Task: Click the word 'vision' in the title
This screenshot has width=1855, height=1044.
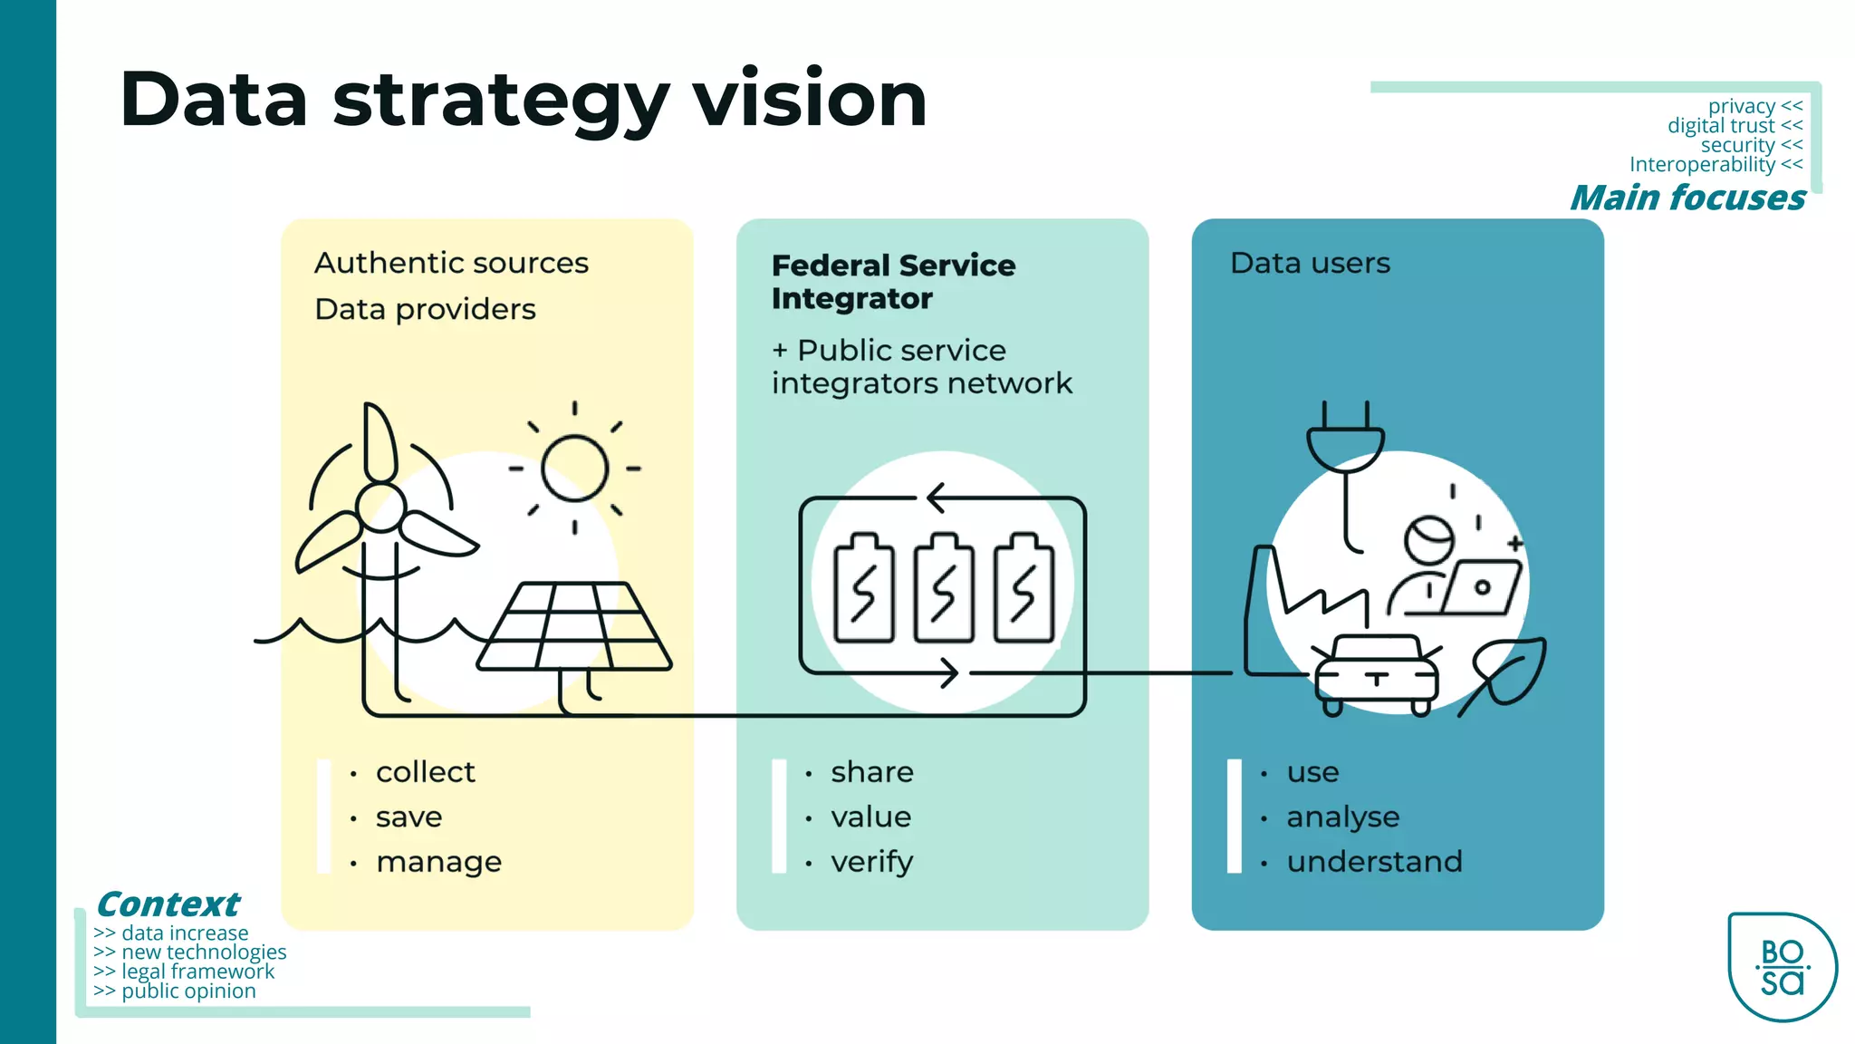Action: tap(810, 100)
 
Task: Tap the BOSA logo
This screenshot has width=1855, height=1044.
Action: tap(1782, 967)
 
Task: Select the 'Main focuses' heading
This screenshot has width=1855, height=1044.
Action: tap(1687, 198)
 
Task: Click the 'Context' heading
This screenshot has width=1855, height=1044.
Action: tap(168, 904)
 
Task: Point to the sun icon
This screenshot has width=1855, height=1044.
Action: tap(574, 469)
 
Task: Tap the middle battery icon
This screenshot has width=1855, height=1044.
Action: tap(943, 588)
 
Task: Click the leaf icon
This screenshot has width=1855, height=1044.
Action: tap(1508, 672)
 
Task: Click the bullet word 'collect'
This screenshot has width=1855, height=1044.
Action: tap(425, 772)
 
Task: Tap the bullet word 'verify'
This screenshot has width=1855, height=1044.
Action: tap(871, 862)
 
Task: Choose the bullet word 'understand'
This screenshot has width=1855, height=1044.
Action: tap(1374, 862)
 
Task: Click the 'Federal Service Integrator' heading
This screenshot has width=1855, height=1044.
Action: tap(892, 282)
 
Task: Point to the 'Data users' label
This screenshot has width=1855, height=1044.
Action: tap(1309, 264)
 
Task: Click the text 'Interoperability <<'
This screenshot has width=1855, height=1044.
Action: tap(1715, 165)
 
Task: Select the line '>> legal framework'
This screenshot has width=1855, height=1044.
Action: tap(184, 971)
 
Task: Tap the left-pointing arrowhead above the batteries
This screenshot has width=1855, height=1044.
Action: tap(936, 498)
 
